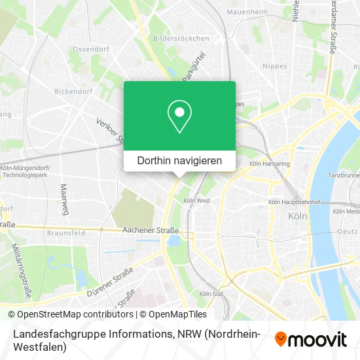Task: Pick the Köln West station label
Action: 197,200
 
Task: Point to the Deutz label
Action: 346,231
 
